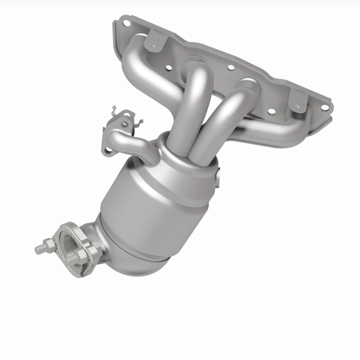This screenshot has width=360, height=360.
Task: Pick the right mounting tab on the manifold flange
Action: click(297, 100)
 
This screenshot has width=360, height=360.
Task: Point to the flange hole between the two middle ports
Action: click(230, 68)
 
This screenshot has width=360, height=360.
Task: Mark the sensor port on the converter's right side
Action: click(219, 178)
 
